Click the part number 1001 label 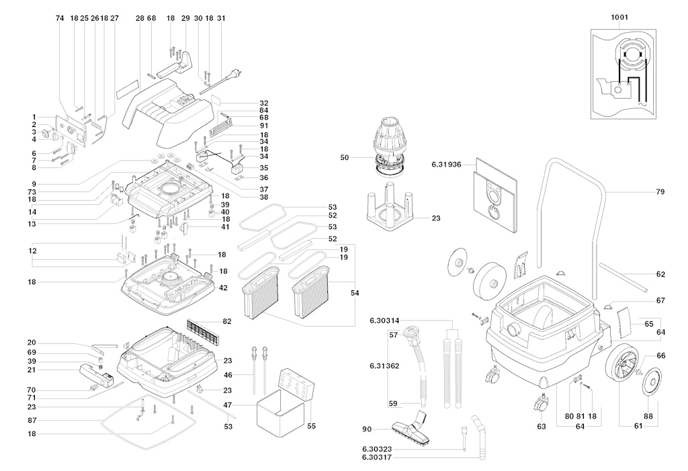point(620,17)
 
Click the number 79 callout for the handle point(660,192)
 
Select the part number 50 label point(345,157)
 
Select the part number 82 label point(227,322)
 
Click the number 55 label point(310,426)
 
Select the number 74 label point(60,18)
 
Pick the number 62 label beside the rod point(660,274)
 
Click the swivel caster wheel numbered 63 point(540,404)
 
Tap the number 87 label point(32,420)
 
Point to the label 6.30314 point(386,320)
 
